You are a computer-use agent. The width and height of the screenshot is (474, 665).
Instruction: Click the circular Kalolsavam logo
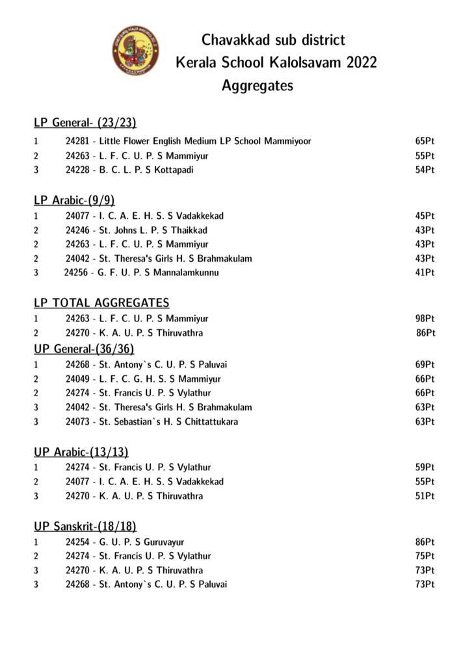[135, 50]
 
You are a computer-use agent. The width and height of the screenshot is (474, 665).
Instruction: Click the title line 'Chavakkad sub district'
[273, 40]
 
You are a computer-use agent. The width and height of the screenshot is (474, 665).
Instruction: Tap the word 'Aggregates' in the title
[257, 85]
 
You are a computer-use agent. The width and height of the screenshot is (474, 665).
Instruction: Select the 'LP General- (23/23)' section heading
[85, 122]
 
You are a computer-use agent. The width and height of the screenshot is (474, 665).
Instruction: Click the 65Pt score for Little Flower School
[425, 141]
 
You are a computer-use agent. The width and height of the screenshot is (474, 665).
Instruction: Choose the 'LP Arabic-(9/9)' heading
[74, 200]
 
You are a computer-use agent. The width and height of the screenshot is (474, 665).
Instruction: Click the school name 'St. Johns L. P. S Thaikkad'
[153, 230]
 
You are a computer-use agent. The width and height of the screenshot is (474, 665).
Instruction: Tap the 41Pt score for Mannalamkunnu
[425, 273]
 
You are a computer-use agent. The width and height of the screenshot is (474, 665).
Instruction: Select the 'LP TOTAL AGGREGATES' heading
[101, 303]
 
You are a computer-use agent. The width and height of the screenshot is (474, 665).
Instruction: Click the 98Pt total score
[425, 318]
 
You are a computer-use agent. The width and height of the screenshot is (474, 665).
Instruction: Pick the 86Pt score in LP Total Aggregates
[425, 332]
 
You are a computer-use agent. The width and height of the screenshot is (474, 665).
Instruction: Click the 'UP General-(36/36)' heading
[84, 349]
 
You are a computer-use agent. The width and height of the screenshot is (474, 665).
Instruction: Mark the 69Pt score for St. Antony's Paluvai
[425, 364]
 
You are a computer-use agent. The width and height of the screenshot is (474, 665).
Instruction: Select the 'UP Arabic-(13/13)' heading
[81, 451]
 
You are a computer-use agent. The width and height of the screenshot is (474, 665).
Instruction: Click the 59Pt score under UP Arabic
[425, 467]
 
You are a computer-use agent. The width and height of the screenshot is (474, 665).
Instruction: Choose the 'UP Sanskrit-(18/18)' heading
[85, 526]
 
